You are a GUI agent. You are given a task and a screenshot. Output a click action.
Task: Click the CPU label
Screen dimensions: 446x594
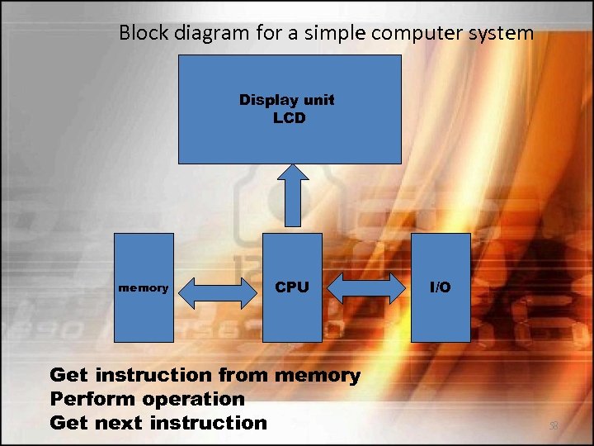tap(292, 287)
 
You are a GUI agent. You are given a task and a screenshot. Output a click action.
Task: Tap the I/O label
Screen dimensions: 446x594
tap(441, 287)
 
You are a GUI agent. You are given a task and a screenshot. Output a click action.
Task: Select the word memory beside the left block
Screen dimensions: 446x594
tap(144, 288)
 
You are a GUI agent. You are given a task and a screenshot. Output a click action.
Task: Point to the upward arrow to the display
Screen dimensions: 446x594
tap(292, 194)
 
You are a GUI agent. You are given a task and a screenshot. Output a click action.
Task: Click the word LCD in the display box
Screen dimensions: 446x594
tap(289, 118)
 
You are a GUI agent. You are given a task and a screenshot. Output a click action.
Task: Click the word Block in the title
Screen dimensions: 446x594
tap(142, 33)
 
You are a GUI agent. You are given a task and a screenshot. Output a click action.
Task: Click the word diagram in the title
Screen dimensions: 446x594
tap(209, 33)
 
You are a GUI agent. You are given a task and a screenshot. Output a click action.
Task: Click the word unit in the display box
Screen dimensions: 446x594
tap(320, 100)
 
